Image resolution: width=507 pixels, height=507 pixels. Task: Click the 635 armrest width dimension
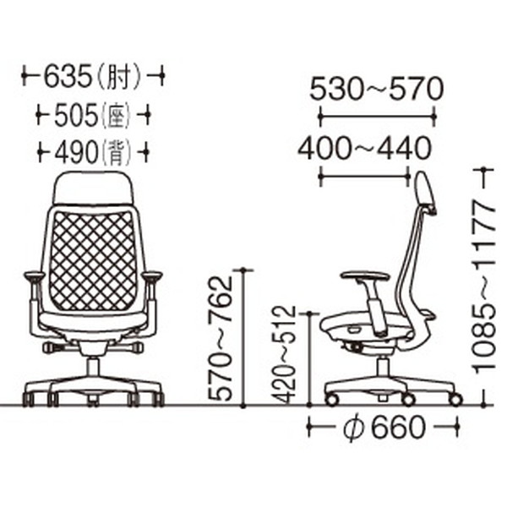(x=68, y=77)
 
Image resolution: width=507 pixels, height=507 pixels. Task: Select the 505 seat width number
(x=76, y=115)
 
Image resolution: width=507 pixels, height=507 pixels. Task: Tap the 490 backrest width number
(x=76, y=151)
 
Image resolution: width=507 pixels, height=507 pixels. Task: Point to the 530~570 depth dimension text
(x=376, y=89)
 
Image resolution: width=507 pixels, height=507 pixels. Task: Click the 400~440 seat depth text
(x=364, y=149)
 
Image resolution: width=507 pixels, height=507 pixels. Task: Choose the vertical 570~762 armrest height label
(x=221, y=338)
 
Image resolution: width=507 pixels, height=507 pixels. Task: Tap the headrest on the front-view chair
(x=93, y=188)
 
